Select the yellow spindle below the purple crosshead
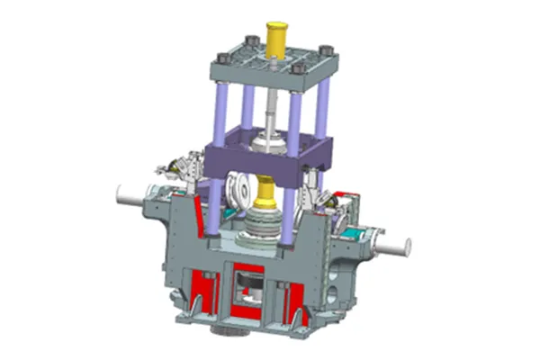pyautogui.click(x=266, y=190)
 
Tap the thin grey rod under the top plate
pyautogui.click(x=270, y=108)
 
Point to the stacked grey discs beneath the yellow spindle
pyautogui.click(x=265, y=225)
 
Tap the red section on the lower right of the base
pyautogui.click(x=297, y=297)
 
